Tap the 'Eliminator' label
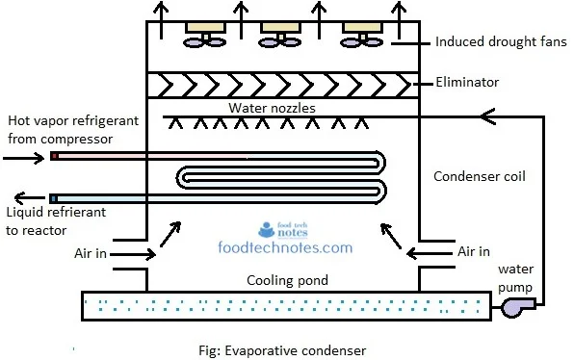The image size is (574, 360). tap(467, 83)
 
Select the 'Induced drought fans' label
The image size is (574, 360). tap(501, 41)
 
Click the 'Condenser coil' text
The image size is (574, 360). tap(480, 176)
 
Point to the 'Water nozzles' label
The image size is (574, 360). tap(272, 108)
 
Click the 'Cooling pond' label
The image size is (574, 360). tap(287, 281)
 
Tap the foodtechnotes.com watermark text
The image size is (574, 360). tap(285, 247)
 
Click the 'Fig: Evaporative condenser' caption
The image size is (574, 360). tap(282, 350)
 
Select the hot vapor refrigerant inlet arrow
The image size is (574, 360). tap(24, 159)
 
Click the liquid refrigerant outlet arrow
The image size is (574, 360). tap(29, 198)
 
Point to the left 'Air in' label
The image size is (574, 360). tap(91, 253)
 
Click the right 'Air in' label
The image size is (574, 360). tap(473, 251)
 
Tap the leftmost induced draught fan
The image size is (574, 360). tap(204, 36)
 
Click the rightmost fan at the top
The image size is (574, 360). tap(362, 36)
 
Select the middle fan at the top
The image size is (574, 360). tap(280, 36)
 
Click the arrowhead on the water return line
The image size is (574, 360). tap(487, 116)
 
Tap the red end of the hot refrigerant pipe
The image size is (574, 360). tap(55, 157)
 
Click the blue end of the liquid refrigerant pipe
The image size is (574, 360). tap(54, 199)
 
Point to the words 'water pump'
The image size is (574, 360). tap(515, 278)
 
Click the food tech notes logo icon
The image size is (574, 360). tap(267, 229)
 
